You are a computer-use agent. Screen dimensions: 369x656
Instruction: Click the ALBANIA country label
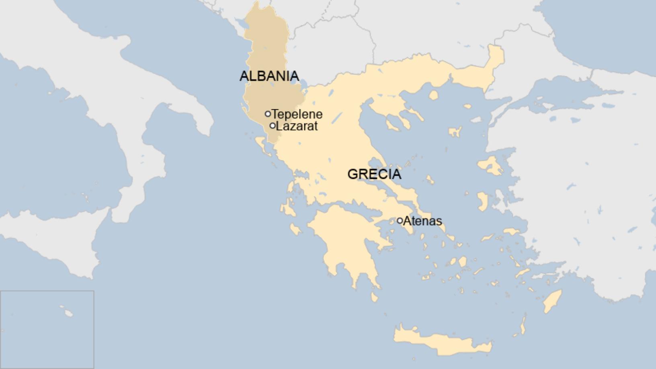[269, 76]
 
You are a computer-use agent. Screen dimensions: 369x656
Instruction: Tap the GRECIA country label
[374, 174]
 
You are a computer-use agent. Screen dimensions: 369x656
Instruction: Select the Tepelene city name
[297, 114]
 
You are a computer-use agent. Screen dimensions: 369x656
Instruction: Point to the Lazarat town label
[297, 126]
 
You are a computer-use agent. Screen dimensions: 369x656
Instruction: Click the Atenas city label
[422, 221]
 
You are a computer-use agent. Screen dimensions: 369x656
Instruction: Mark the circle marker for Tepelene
[268, 114]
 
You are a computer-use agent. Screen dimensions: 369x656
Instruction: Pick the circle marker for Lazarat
[273, 126]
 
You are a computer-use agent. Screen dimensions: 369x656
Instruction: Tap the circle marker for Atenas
[400, 220]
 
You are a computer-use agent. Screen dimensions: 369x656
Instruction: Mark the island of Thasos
[433, 95]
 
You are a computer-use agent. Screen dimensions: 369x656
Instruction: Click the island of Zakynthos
[295, 230]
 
